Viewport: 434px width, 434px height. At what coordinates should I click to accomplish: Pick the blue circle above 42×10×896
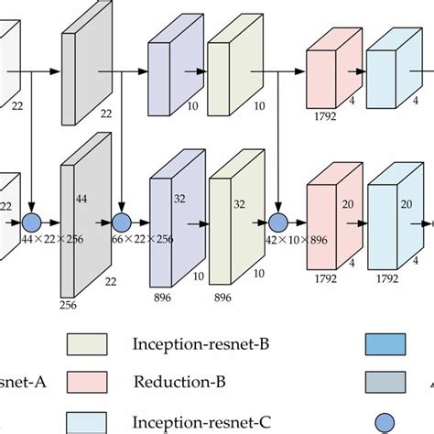click(x=277, y=221)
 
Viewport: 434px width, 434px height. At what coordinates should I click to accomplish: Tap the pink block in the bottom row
click(x=326, y=225)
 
